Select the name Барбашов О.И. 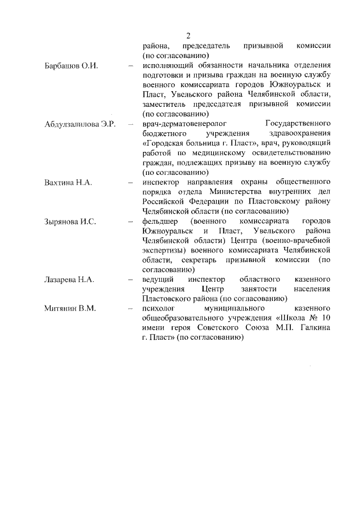pyautogui.click(x=71, y=66)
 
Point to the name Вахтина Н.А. pyautogui.click(x=67, y=182)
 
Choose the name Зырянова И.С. pyautogui.click(x=70, y=221)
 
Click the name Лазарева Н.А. pyautogui.click(x=69, y=280)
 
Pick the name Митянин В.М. pyautogui.click(x=70, y=308)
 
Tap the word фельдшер pyautogui.click(x=160, y=221)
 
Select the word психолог pyautogui.click(x=160, y=308)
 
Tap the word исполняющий pyautogui.click(x=169, y=66)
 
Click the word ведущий pyautogui.click(x=159, y=280)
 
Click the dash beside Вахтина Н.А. pyautogui.click(x=130, y=182)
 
